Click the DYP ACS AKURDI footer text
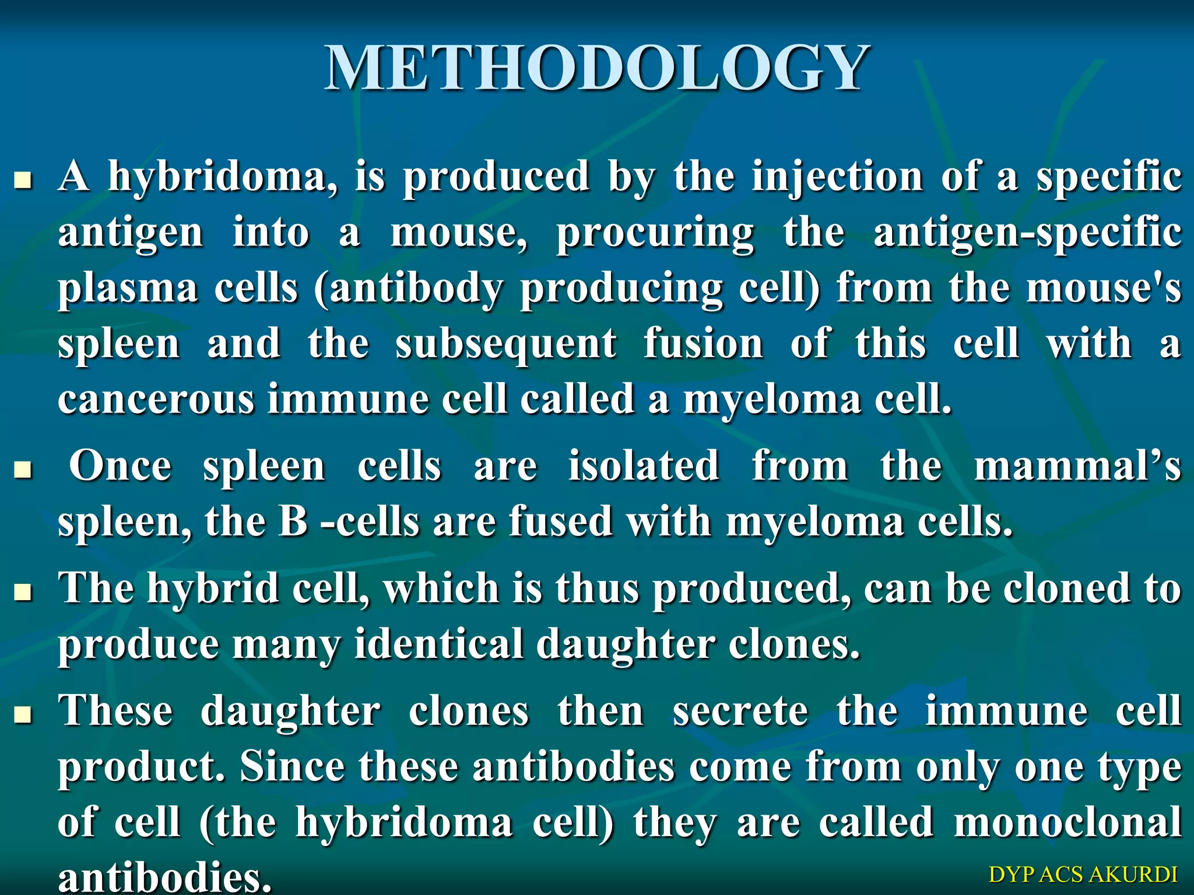pos(1083,875)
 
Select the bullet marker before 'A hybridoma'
pos(23,181)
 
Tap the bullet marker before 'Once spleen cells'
pos(23,470)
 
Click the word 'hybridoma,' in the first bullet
pos(223,177)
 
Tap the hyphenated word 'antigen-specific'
pos(1027,233)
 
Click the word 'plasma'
pos(128,289)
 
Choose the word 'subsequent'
pos(505,344)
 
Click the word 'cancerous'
pos(156,400)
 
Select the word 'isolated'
pos(644,466)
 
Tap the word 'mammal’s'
pos(1077,466)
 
